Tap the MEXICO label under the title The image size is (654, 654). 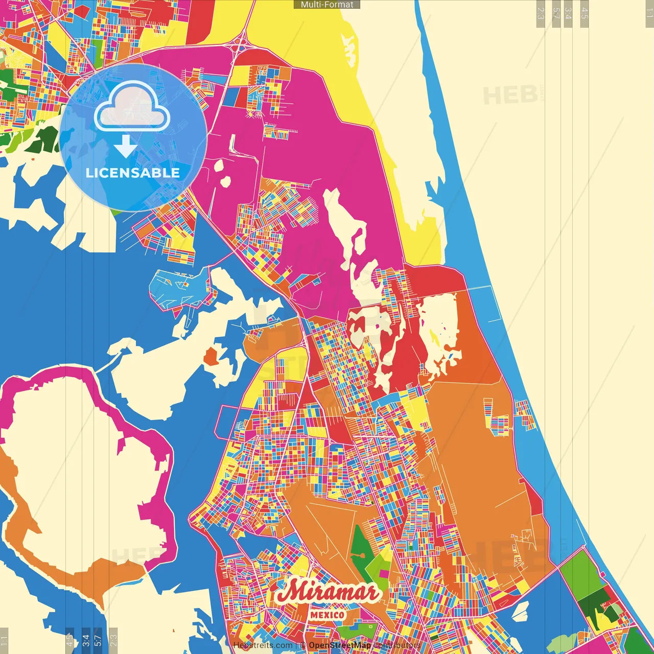click(x=327, y=615)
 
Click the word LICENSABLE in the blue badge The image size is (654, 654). click(x=133, y=173)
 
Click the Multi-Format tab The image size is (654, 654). click(x=327, y=5)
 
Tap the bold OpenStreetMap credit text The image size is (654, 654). click(x=340, y=645)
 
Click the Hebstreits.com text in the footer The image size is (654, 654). click(x=263, y=645)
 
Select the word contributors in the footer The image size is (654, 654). click(x=397, y=645)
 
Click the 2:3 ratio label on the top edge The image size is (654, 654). click(x=541, y=13)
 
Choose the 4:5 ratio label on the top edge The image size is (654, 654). click(x=585, y=13)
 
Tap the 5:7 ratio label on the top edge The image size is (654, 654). click(x=556, y=13)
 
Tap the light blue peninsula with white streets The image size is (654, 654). click(x=179, y=289)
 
